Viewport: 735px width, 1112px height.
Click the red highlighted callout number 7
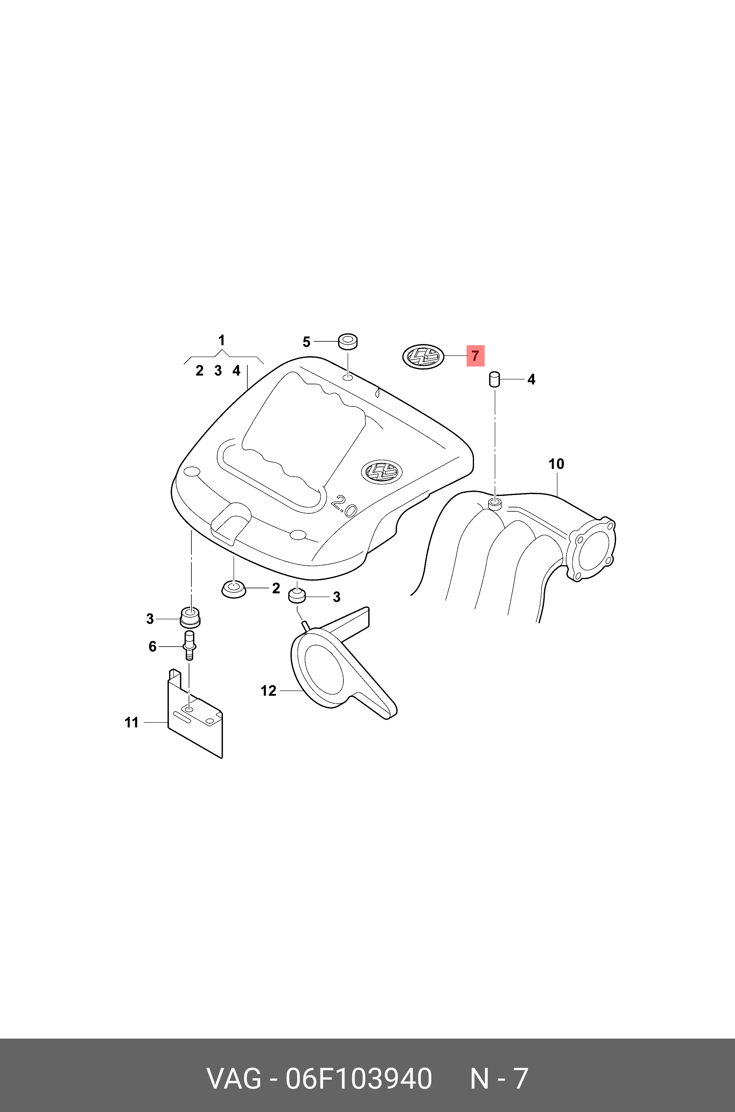click(475, 356)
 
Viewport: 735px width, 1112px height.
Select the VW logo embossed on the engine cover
click(382, 471)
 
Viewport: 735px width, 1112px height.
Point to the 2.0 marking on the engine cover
click(344, 506)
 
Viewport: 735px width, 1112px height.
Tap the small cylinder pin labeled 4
click(494, 380)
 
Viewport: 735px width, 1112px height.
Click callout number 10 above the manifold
click(556, 464)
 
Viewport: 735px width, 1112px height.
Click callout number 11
click(132, 723)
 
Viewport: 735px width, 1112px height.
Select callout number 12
click(269, 691)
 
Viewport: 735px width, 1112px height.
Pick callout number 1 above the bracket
click(222, 340)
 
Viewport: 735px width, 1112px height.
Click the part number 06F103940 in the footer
click(359, 1079)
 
